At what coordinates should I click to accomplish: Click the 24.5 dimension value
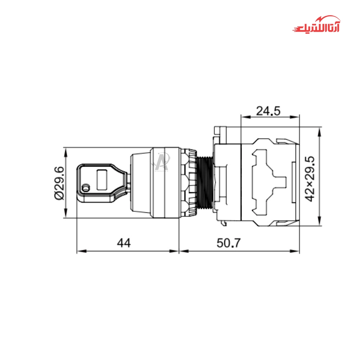268,111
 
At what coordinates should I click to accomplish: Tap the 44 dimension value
124,243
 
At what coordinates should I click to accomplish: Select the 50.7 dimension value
229,243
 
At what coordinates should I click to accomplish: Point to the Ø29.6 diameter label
59,183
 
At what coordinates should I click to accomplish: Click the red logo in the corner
316,24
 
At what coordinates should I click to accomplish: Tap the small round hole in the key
86,188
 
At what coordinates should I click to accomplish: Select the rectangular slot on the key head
102,180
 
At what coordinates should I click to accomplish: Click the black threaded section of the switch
205,183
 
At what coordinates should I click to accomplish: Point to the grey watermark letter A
161,161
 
